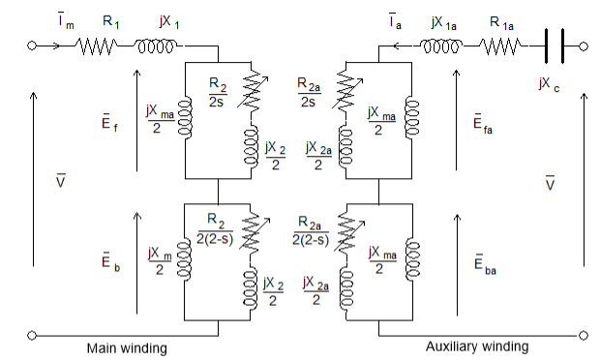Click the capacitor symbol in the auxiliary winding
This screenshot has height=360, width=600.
555,45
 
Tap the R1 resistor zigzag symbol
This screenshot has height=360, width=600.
96,45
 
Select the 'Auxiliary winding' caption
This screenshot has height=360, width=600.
477,346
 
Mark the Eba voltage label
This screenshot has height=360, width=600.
483,264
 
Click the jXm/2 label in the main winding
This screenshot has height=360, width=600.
158,259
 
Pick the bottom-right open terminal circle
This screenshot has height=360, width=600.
583,335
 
